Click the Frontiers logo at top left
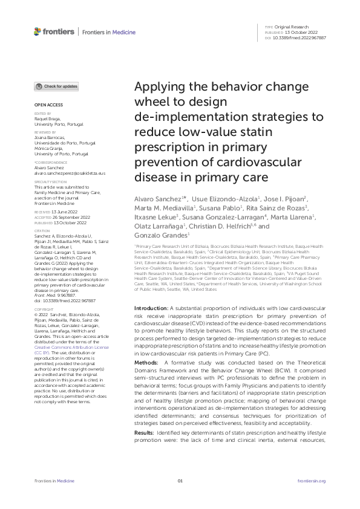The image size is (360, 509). pyautogui.click(x=54, y=31)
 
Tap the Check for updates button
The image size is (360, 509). pyautogui.click(x=56, y=86)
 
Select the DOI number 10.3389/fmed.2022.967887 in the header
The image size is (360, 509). pyautogui.click(x=300, y=38)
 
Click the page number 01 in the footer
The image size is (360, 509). pyautogui.click(x=180, y=481)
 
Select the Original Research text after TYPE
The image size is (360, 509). pyautogui.click(x=291, y=27)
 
